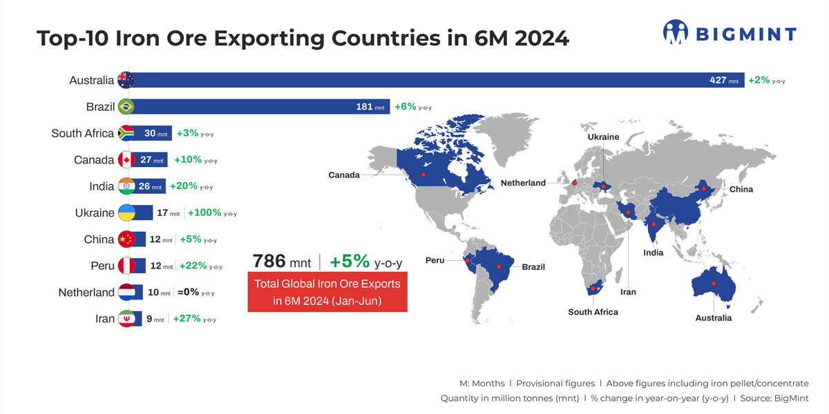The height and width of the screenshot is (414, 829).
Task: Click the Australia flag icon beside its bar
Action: (126, 80)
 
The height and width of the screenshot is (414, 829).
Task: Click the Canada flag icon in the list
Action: (126, 160)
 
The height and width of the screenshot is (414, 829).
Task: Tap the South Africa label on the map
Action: (593, 312)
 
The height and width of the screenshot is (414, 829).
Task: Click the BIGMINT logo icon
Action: (676, 32)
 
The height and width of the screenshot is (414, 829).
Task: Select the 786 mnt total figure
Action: (280, 262)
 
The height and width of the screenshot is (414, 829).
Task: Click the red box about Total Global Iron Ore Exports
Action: (327, 292)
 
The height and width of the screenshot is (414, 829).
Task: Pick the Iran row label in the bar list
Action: (105, 319)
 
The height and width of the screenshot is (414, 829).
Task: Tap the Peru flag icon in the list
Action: (126, 266)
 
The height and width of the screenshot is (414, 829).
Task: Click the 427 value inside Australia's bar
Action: (718, 81)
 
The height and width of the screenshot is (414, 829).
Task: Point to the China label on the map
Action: (741, 189)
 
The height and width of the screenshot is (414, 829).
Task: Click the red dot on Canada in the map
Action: (423, 175)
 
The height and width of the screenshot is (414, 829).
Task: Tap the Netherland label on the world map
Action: (523, 183)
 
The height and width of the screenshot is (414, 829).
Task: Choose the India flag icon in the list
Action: (126, 186)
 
